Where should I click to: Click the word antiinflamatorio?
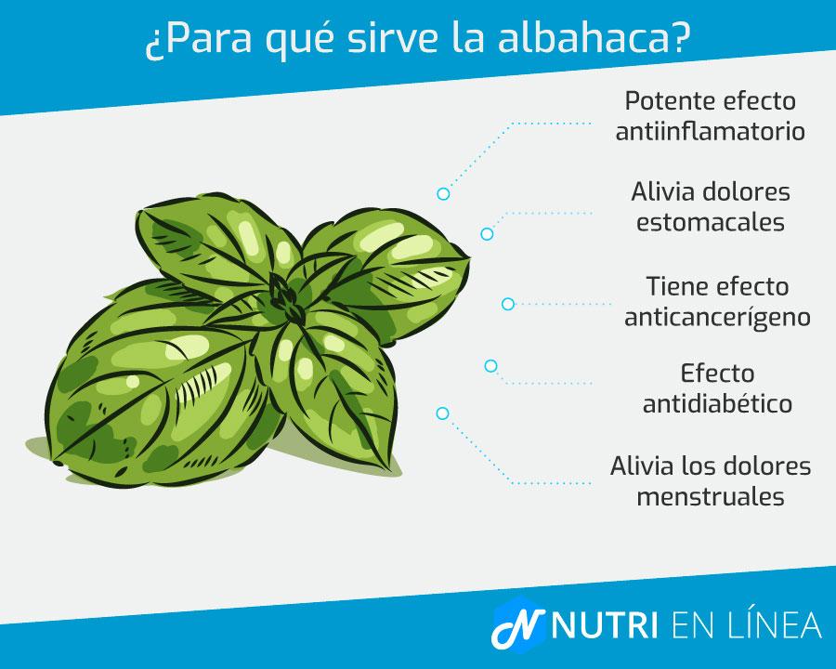[x=709, y=130]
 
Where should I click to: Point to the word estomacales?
[x=710, y=223]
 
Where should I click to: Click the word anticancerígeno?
[x=717, y=316]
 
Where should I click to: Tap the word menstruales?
[x=711, y=496]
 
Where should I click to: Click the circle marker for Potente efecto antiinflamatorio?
[x=443, y=194]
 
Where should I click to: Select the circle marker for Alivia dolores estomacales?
[x=487, y=234]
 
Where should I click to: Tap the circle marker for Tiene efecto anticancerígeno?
[x=508, y=304]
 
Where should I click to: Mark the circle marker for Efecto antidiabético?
[x=490, y=366]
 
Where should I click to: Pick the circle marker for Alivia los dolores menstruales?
[x=442, y=413]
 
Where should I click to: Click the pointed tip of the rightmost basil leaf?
[x=469, y=249]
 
